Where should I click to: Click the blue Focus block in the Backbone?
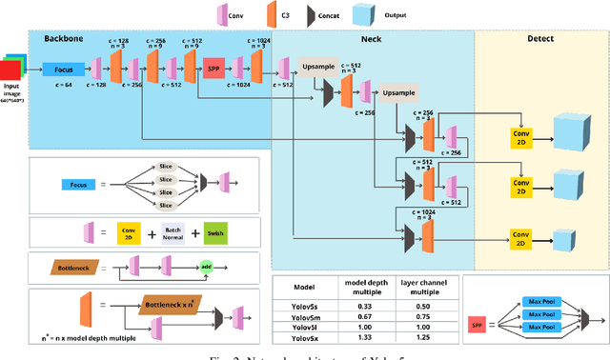[63, 69]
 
